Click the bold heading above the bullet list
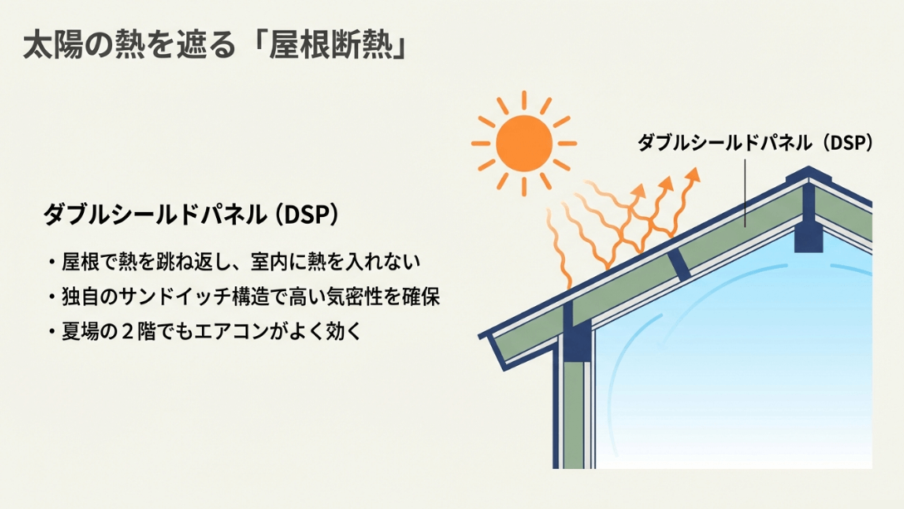click(x=190, y=214)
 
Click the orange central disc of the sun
click(x=523, y=143)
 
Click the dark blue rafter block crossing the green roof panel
click(x=680, y=264)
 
